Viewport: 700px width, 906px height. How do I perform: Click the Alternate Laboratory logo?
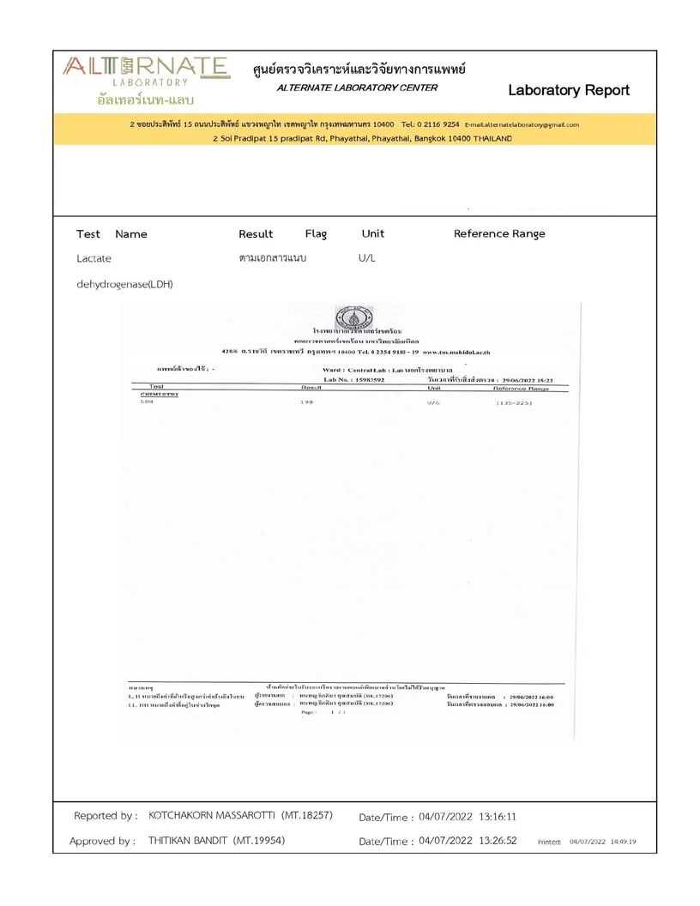[145, 79]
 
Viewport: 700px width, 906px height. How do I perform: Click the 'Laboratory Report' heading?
[568, 90]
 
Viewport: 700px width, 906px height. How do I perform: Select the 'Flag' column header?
[316, 233]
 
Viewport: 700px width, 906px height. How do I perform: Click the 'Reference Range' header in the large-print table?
[498, 233]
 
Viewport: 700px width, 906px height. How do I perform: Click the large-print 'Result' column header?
[256, 233]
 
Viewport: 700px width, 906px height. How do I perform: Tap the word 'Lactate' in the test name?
[94, 257]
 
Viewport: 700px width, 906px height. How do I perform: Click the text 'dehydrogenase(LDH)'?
[124, 284]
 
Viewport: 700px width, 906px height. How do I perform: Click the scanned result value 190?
[307, 402]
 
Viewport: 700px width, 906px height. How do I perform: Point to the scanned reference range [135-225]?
[514, 402]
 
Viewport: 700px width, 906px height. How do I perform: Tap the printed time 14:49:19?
[630, 843]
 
